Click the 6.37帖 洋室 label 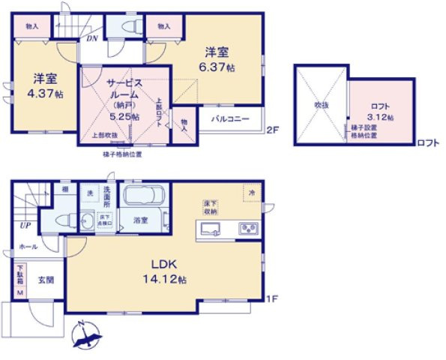[218, 59]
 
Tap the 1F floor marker [273, 299]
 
